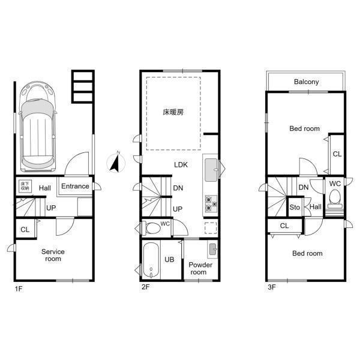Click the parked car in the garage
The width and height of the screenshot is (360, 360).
(38, 127)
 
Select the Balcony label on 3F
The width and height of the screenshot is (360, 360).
(306, 82)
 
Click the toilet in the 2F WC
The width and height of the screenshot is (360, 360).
(151, 228)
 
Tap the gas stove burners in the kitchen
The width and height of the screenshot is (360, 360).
(211, 203)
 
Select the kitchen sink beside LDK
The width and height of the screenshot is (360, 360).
(211, 170)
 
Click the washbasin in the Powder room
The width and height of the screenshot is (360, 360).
(212, 248)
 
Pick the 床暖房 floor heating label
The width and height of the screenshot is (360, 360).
(173, 112)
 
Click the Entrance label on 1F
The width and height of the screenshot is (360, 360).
(75, 186)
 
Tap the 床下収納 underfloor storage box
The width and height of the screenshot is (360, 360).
(25, 186)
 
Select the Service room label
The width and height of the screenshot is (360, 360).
(53, 255)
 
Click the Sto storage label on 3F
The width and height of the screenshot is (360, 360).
(295, 208)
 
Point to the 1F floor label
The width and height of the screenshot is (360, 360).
(19, 289)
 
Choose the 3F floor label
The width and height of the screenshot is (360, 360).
(272, 287)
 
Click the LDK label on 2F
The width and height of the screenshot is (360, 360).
(181, 164)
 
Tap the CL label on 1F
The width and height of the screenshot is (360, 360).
(25, 230)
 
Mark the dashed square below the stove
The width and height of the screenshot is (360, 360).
(211, 228)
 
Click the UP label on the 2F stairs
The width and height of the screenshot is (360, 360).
(178, 209)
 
